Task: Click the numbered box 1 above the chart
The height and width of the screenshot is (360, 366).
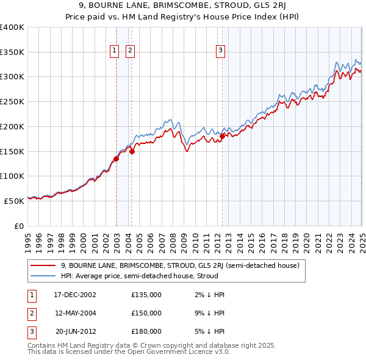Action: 115,51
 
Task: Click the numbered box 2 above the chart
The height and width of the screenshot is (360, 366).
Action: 131,51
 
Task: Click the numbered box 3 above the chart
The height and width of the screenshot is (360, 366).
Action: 220,51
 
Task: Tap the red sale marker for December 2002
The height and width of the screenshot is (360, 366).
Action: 116,159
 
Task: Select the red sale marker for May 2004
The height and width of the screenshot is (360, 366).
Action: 132,152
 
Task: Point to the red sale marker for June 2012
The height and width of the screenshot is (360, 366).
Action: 222,137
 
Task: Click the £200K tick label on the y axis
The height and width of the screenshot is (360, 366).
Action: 12,126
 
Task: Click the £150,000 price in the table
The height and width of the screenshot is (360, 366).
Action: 146,313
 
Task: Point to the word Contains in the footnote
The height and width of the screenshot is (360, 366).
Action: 43,345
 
